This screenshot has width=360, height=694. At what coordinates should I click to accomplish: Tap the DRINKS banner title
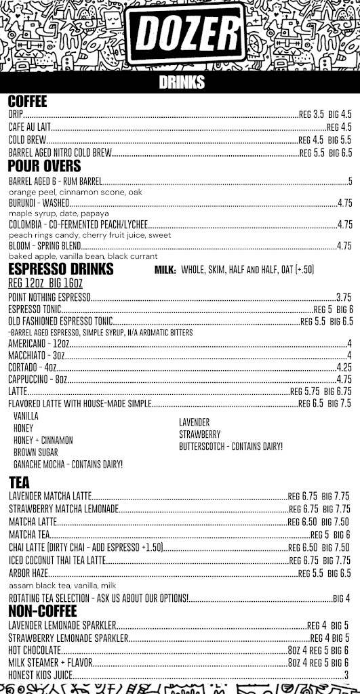click(x=181, y=83)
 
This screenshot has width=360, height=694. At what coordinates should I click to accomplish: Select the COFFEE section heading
click(x=28, y=102)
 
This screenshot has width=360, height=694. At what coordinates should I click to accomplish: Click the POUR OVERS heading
click(x=44, y=166)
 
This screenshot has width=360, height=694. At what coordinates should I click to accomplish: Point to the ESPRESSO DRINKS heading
click(x=60, y=270)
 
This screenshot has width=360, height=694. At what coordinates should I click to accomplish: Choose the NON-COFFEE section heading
click(x=42, y=611)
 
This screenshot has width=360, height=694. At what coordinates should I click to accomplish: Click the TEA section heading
click(x=19, y=482)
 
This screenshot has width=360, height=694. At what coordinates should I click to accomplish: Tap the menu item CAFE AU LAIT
click(x=26, y=127)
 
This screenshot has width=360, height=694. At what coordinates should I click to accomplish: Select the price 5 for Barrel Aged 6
click(x=350, y=182)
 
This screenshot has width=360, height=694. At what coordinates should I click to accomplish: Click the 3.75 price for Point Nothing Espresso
click(x=344, y=297)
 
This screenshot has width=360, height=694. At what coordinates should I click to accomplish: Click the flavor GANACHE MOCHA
click(x=68, y=464)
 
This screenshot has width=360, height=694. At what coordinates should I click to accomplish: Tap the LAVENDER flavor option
click(x=194, y=422)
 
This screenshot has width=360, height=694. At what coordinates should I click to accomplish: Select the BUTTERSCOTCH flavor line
click(x=231, y=447)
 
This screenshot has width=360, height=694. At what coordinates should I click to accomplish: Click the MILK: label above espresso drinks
click(x=165, y=270)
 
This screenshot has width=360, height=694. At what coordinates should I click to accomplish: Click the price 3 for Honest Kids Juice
click(x=346, y=676)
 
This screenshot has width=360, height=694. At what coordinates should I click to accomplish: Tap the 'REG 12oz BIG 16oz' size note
click(x=45, y=283)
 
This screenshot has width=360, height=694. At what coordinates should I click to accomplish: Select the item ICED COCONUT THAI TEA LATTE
click(x=57, y=560)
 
